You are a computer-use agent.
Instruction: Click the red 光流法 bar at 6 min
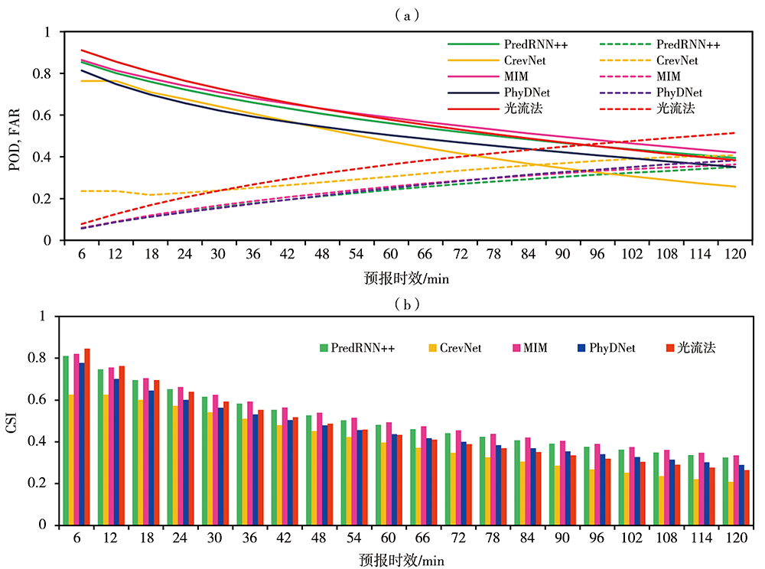click(x=87, y=437)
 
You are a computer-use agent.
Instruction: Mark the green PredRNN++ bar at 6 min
click(x=66, y=441)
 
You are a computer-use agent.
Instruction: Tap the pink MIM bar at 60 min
click(x=388, y=473)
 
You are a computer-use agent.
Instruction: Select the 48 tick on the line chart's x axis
click(x=322, y=254)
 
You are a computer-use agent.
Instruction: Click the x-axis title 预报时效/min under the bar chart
click(x=406, y=560)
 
